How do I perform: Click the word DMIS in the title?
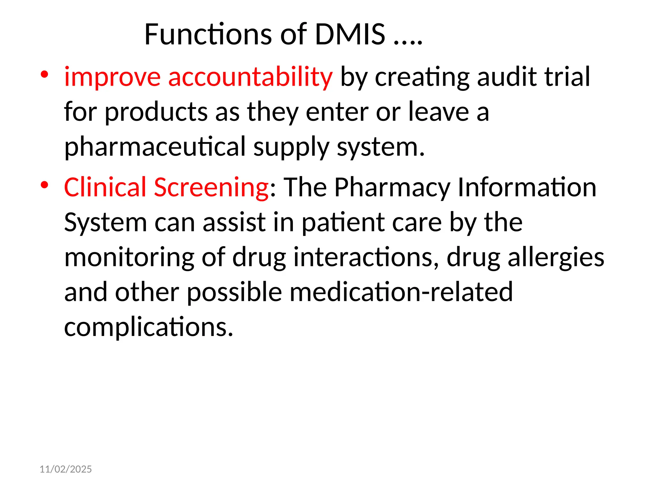pyautogui.click(x=350, y=34)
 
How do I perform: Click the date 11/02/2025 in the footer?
pyautogui.click(x=65, y=469)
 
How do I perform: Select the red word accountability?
pyautogui.click(x=250, y=77)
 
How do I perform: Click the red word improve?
pyautogui.click(x=112, y=77)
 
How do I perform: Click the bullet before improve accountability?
pyautogui.click(x=44, y=75)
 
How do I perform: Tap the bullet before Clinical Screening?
pyautogui.click(x=44, y=185)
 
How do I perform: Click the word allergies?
pyautogui.click(x=556, y=257)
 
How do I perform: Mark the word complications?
pyautogui.click(x=149, y=327)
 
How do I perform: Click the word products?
pyautogui.click(x=156, y=112)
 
